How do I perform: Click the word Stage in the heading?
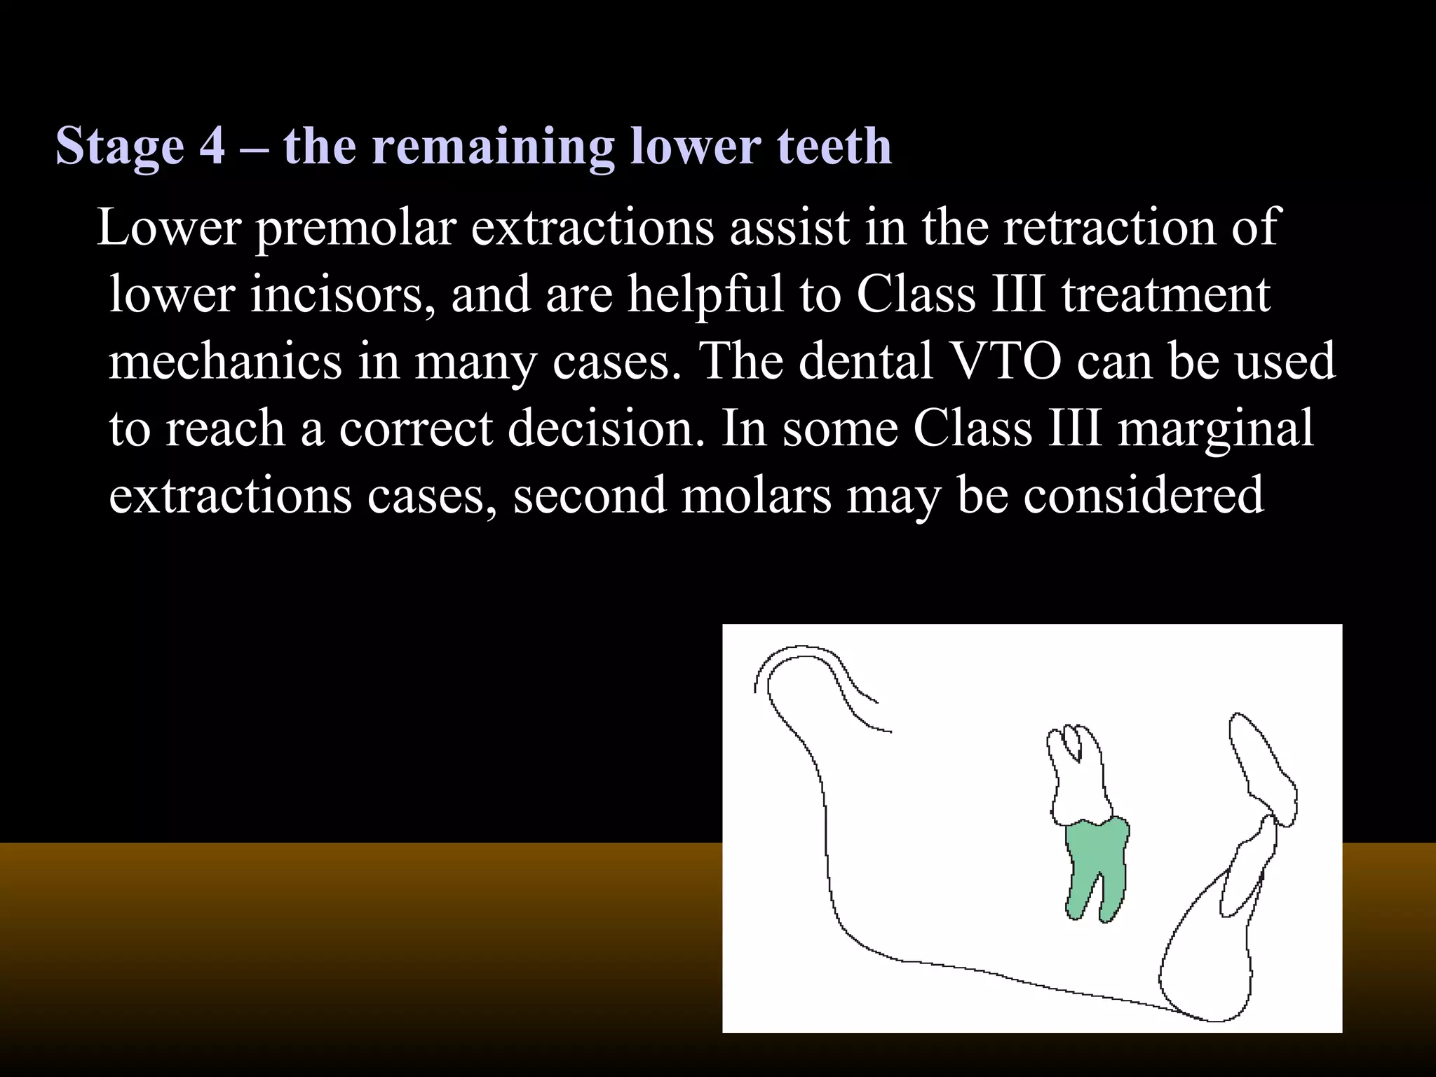pos(119,147)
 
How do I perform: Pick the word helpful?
pos(705,294)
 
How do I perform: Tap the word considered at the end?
pos(1143,494)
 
